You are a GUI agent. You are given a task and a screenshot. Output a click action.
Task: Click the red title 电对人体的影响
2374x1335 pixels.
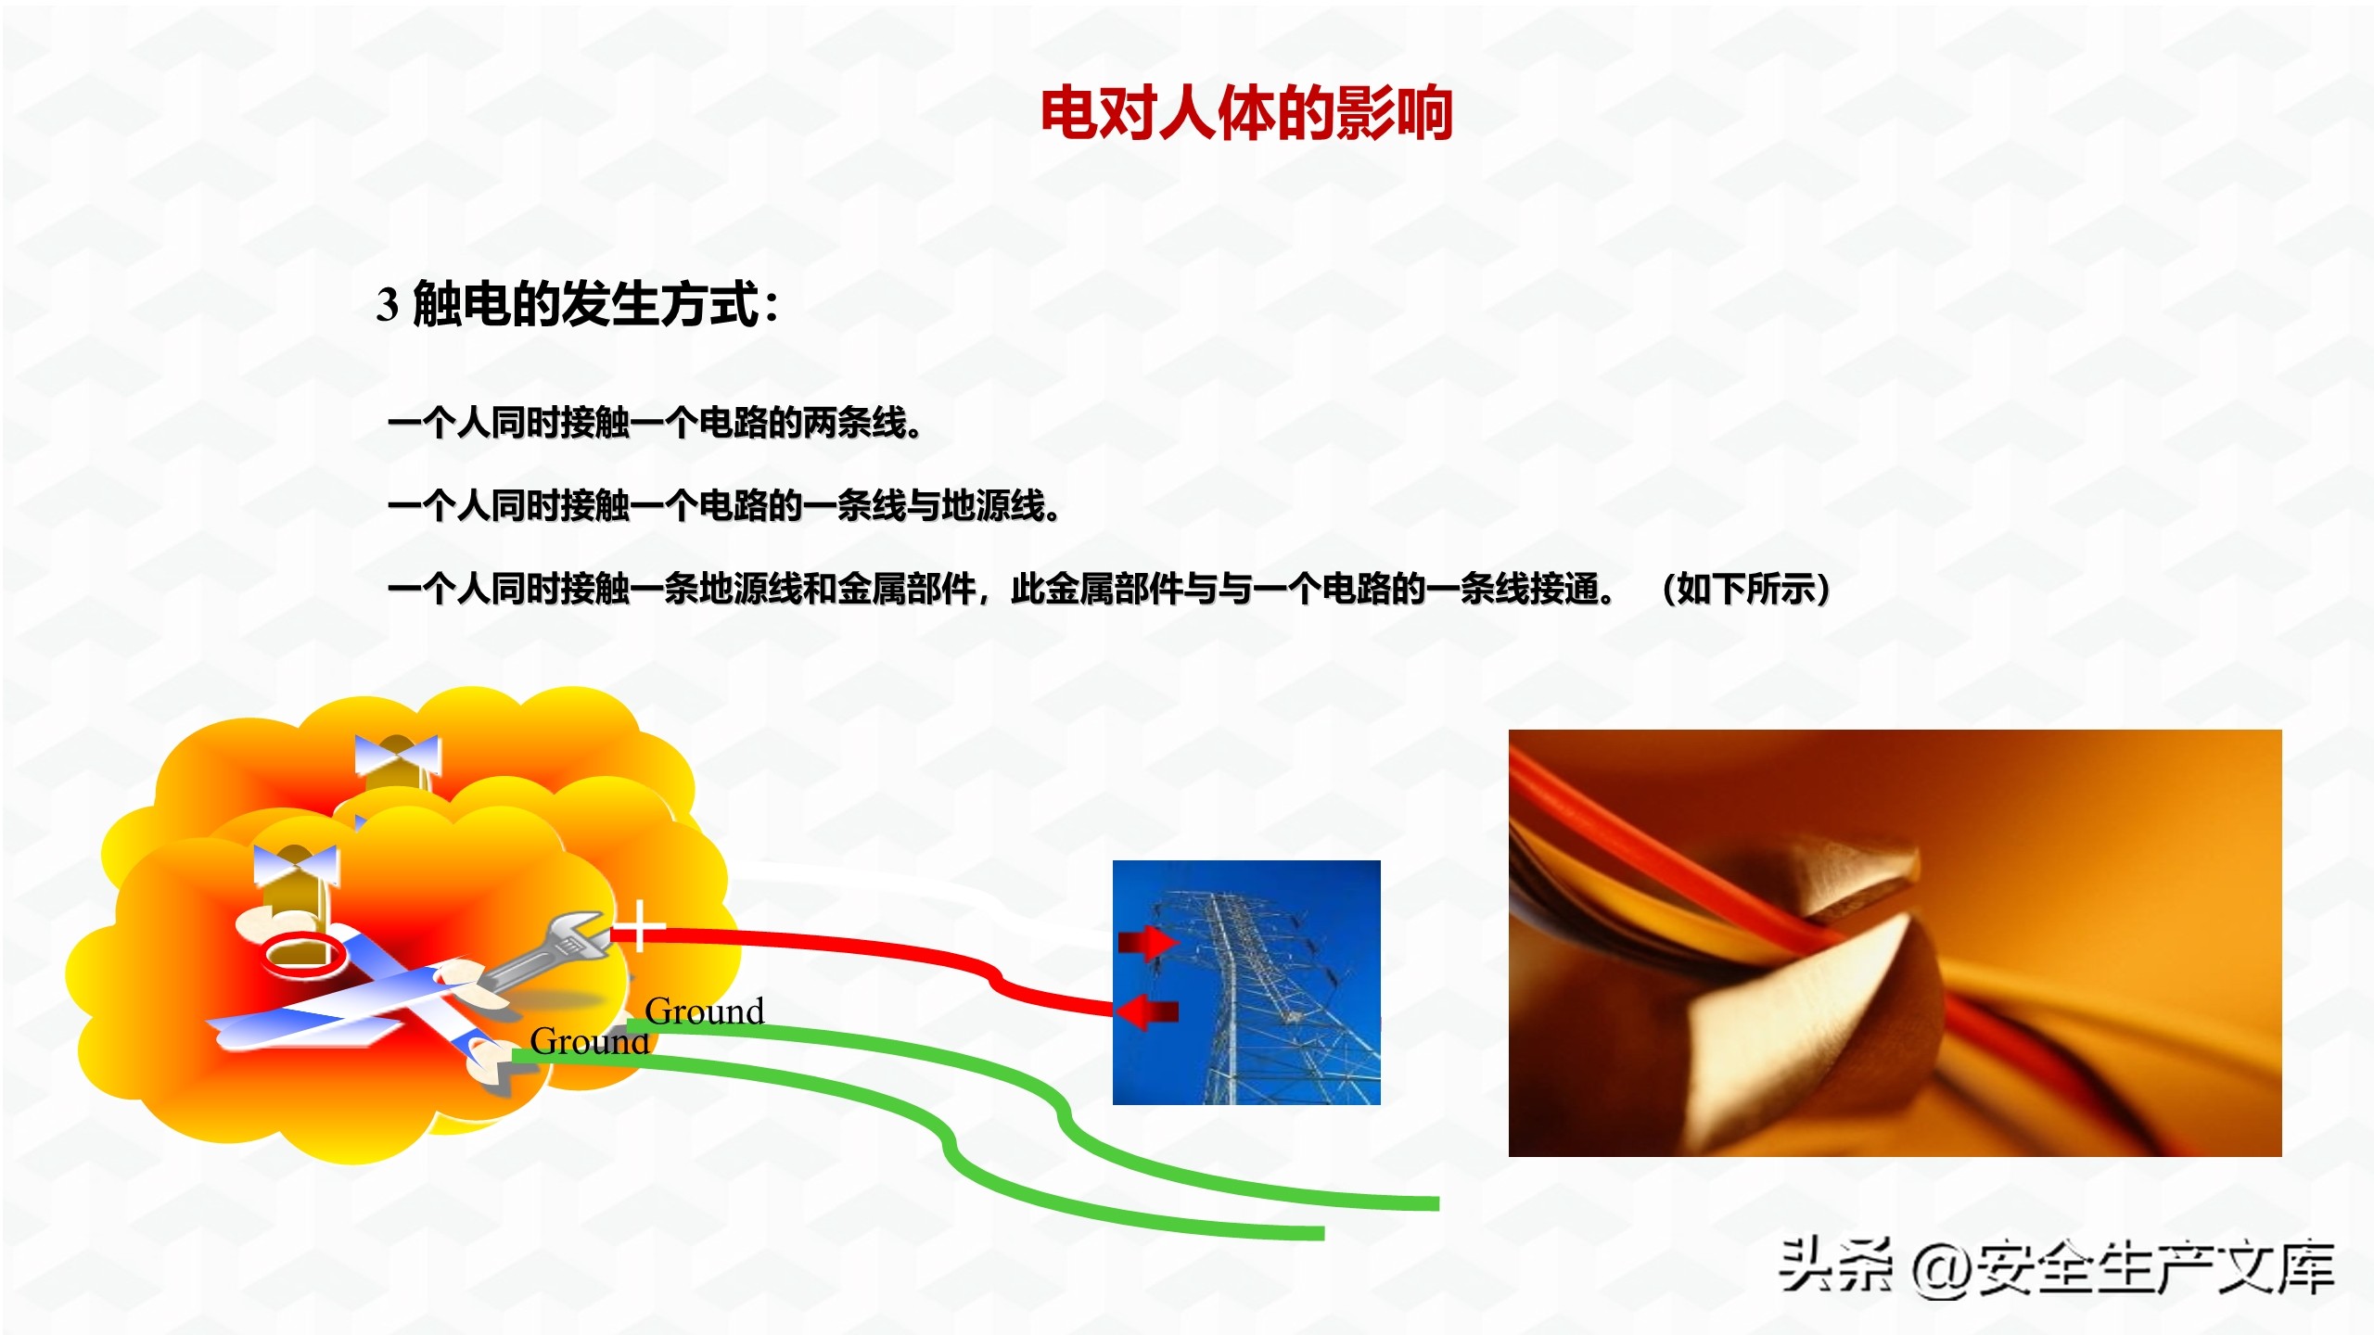pos(1245,113)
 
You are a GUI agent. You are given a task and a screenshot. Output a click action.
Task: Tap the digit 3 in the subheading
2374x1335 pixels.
pos(388,304)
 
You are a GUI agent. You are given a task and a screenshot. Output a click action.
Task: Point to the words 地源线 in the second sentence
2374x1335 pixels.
pos(993,506)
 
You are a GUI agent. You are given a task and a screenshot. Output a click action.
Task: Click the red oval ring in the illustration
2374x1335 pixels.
pos(302,954)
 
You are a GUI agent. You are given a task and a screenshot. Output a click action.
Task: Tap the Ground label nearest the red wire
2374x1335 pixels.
pos(705,1011)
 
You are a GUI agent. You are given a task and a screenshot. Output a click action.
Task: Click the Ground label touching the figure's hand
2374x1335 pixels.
pos(589,1042)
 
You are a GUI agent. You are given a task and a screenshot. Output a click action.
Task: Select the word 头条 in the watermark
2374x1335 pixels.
pos(1834,1265)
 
